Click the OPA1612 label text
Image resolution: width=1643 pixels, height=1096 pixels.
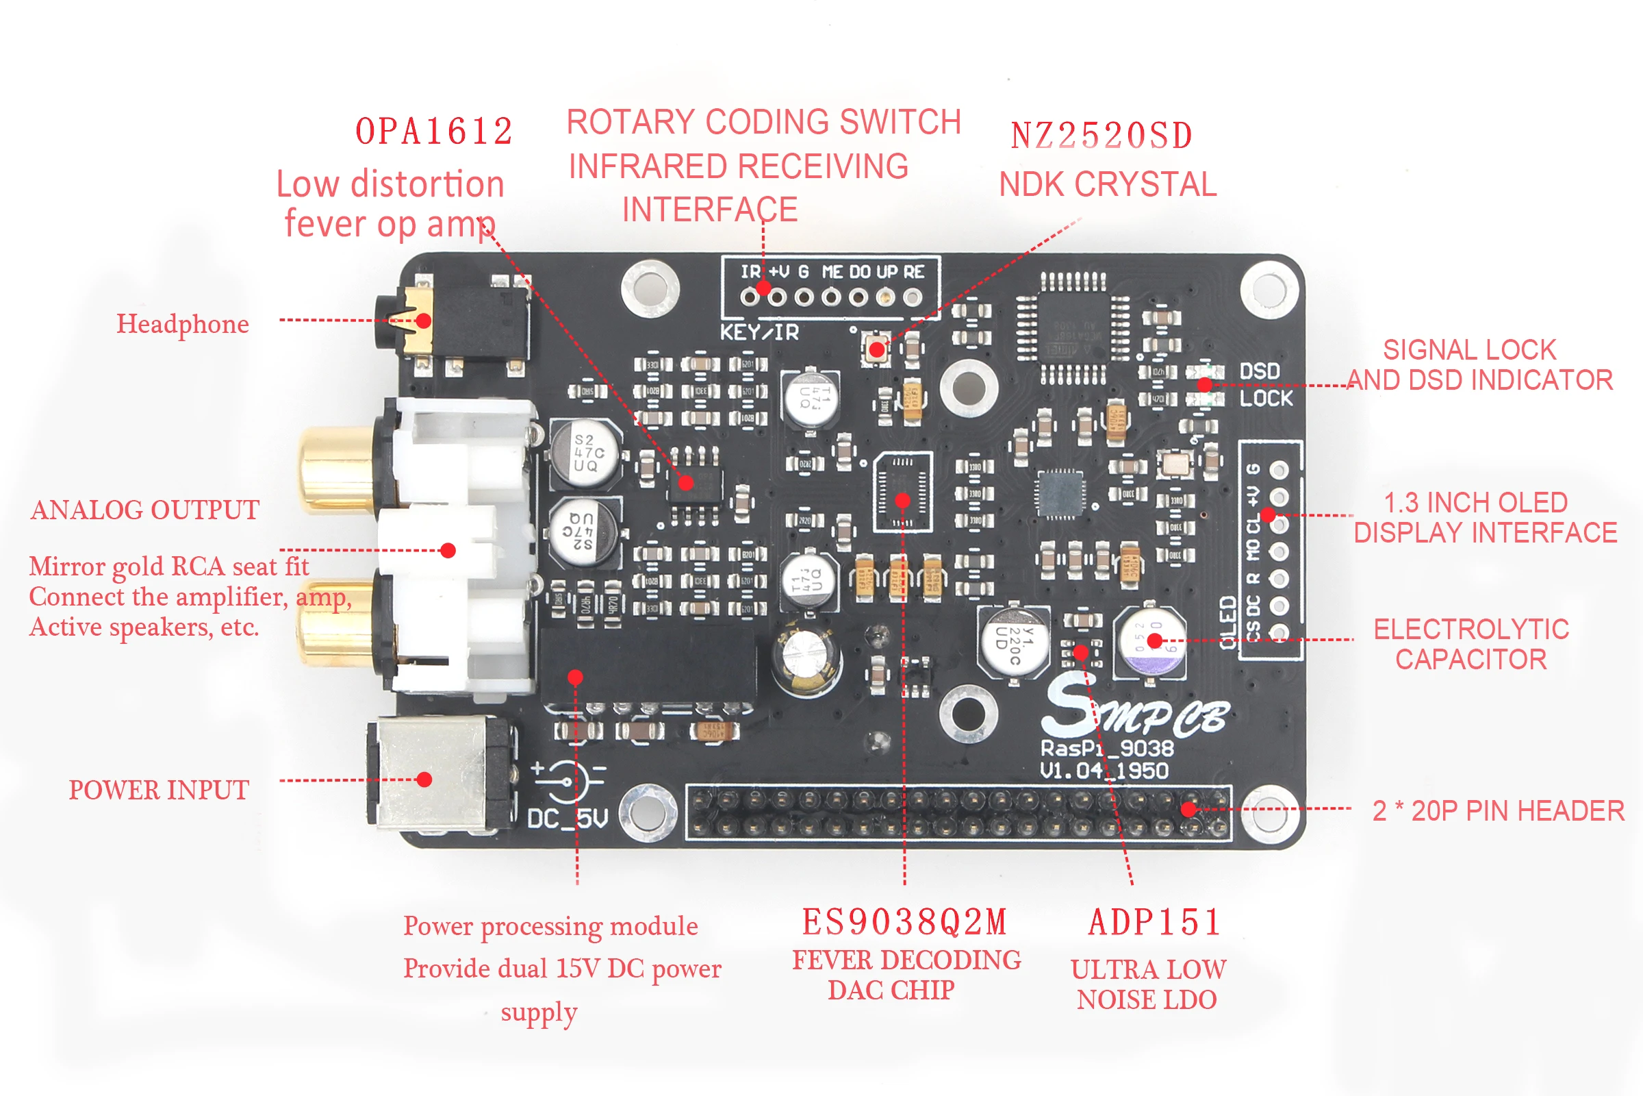click(434, 132)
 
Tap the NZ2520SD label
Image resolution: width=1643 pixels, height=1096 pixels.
click(1101, 136)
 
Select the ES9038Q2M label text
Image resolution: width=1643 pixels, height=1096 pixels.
click(904, 922)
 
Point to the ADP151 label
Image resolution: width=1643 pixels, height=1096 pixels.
click(1154, 922)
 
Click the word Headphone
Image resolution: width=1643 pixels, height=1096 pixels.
click(182, 323)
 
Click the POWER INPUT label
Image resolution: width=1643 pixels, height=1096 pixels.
click(159, 790)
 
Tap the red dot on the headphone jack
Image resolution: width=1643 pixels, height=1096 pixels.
click(423, 321)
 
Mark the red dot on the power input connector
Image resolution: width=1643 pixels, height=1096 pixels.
click(424, 780)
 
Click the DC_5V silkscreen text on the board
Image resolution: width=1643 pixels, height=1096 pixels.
click(568, 818)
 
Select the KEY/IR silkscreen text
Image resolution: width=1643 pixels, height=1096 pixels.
click(759, 332)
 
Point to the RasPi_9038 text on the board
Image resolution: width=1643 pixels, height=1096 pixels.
click(1106, 748)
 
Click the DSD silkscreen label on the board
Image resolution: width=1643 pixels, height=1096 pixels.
click(1260, 371)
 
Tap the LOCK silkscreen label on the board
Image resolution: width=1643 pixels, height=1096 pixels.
click(1266, 399)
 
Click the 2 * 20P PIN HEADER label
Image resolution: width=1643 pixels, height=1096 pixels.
click(1499, 811)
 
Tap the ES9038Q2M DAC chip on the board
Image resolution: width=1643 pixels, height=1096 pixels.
click(902, 491)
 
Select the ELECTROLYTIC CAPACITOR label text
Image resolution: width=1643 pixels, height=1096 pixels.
click(1470, 644)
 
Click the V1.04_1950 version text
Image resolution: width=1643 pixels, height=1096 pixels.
click(1104, 770)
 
